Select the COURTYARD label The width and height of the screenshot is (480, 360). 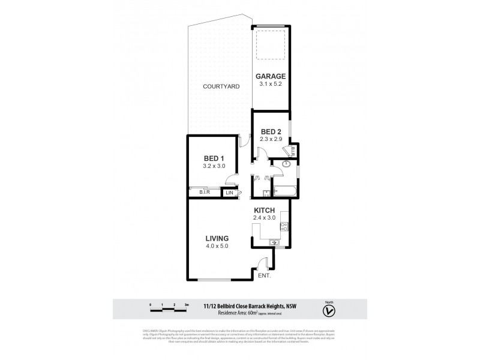pyautogui.click(x=221, y=86)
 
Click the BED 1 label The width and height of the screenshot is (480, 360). pyautogui.click(x=214, y=158)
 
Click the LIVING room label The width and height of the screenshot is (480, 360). pyautogui.click(x=217, y=238)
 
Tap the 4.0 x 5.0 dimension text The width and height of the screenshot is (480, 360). pyautogui.click(x=217, y=246)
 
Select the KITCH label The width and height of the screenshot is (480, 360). pyautogui.click(x=265, y=210)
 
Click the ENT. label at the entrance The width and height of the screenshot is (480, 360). pyautogui.click(x=265, y=277)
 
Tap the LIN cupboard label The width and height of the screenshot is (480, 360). pyautogui.click(x=229, y=193)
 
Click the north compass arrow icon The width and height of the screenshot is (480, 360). pyautogui.click(x=328, y=310)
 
